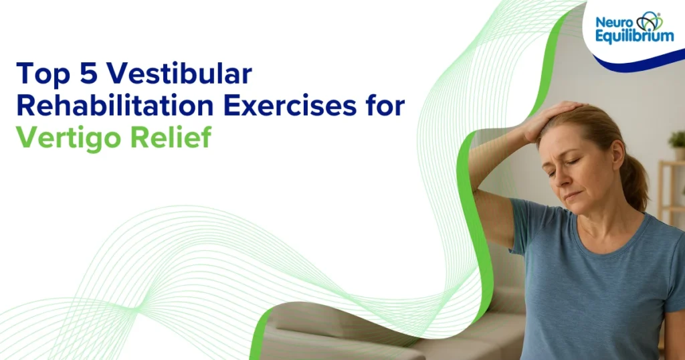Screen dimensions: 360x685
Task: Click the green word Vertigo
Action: tap(67, 137)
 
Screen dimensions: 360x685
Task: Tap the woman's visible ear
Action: tap(615, 157)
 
